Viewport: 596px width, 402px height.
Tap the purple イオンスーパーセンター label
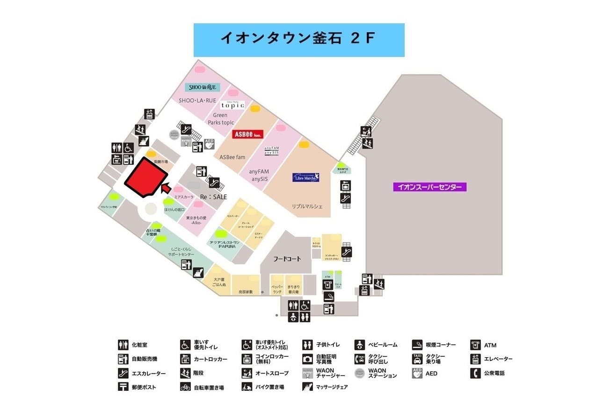[430, 187]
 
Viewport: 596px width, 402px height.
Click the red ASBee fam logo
[248, 134]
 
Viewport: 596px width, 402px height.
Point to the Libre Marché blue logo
[305, 177]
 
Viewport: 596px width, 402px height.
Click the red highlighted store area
[145, 177]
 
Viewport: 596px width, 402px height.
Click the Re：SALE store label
[213, 197]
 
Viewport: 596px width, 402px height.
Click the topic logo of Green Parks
[233, 105]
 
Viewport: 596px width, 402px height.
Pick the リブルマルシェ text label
[307, 206]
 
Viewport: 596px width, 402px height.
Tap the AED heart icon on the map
[209, 144]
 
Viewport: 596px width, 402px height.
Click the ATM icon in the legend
[476, 345]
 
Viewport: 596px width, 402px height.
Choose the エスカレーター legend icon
[123, 374]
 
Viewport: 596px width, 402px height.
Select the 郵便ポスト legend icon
[123, 387]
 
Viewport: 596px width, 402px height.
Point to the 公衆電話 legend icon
[476, 374]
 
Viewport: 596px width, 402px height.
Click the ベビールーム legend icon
[360, 345]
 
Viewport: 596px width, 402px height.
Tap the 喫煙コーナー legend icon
[417, 345]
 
